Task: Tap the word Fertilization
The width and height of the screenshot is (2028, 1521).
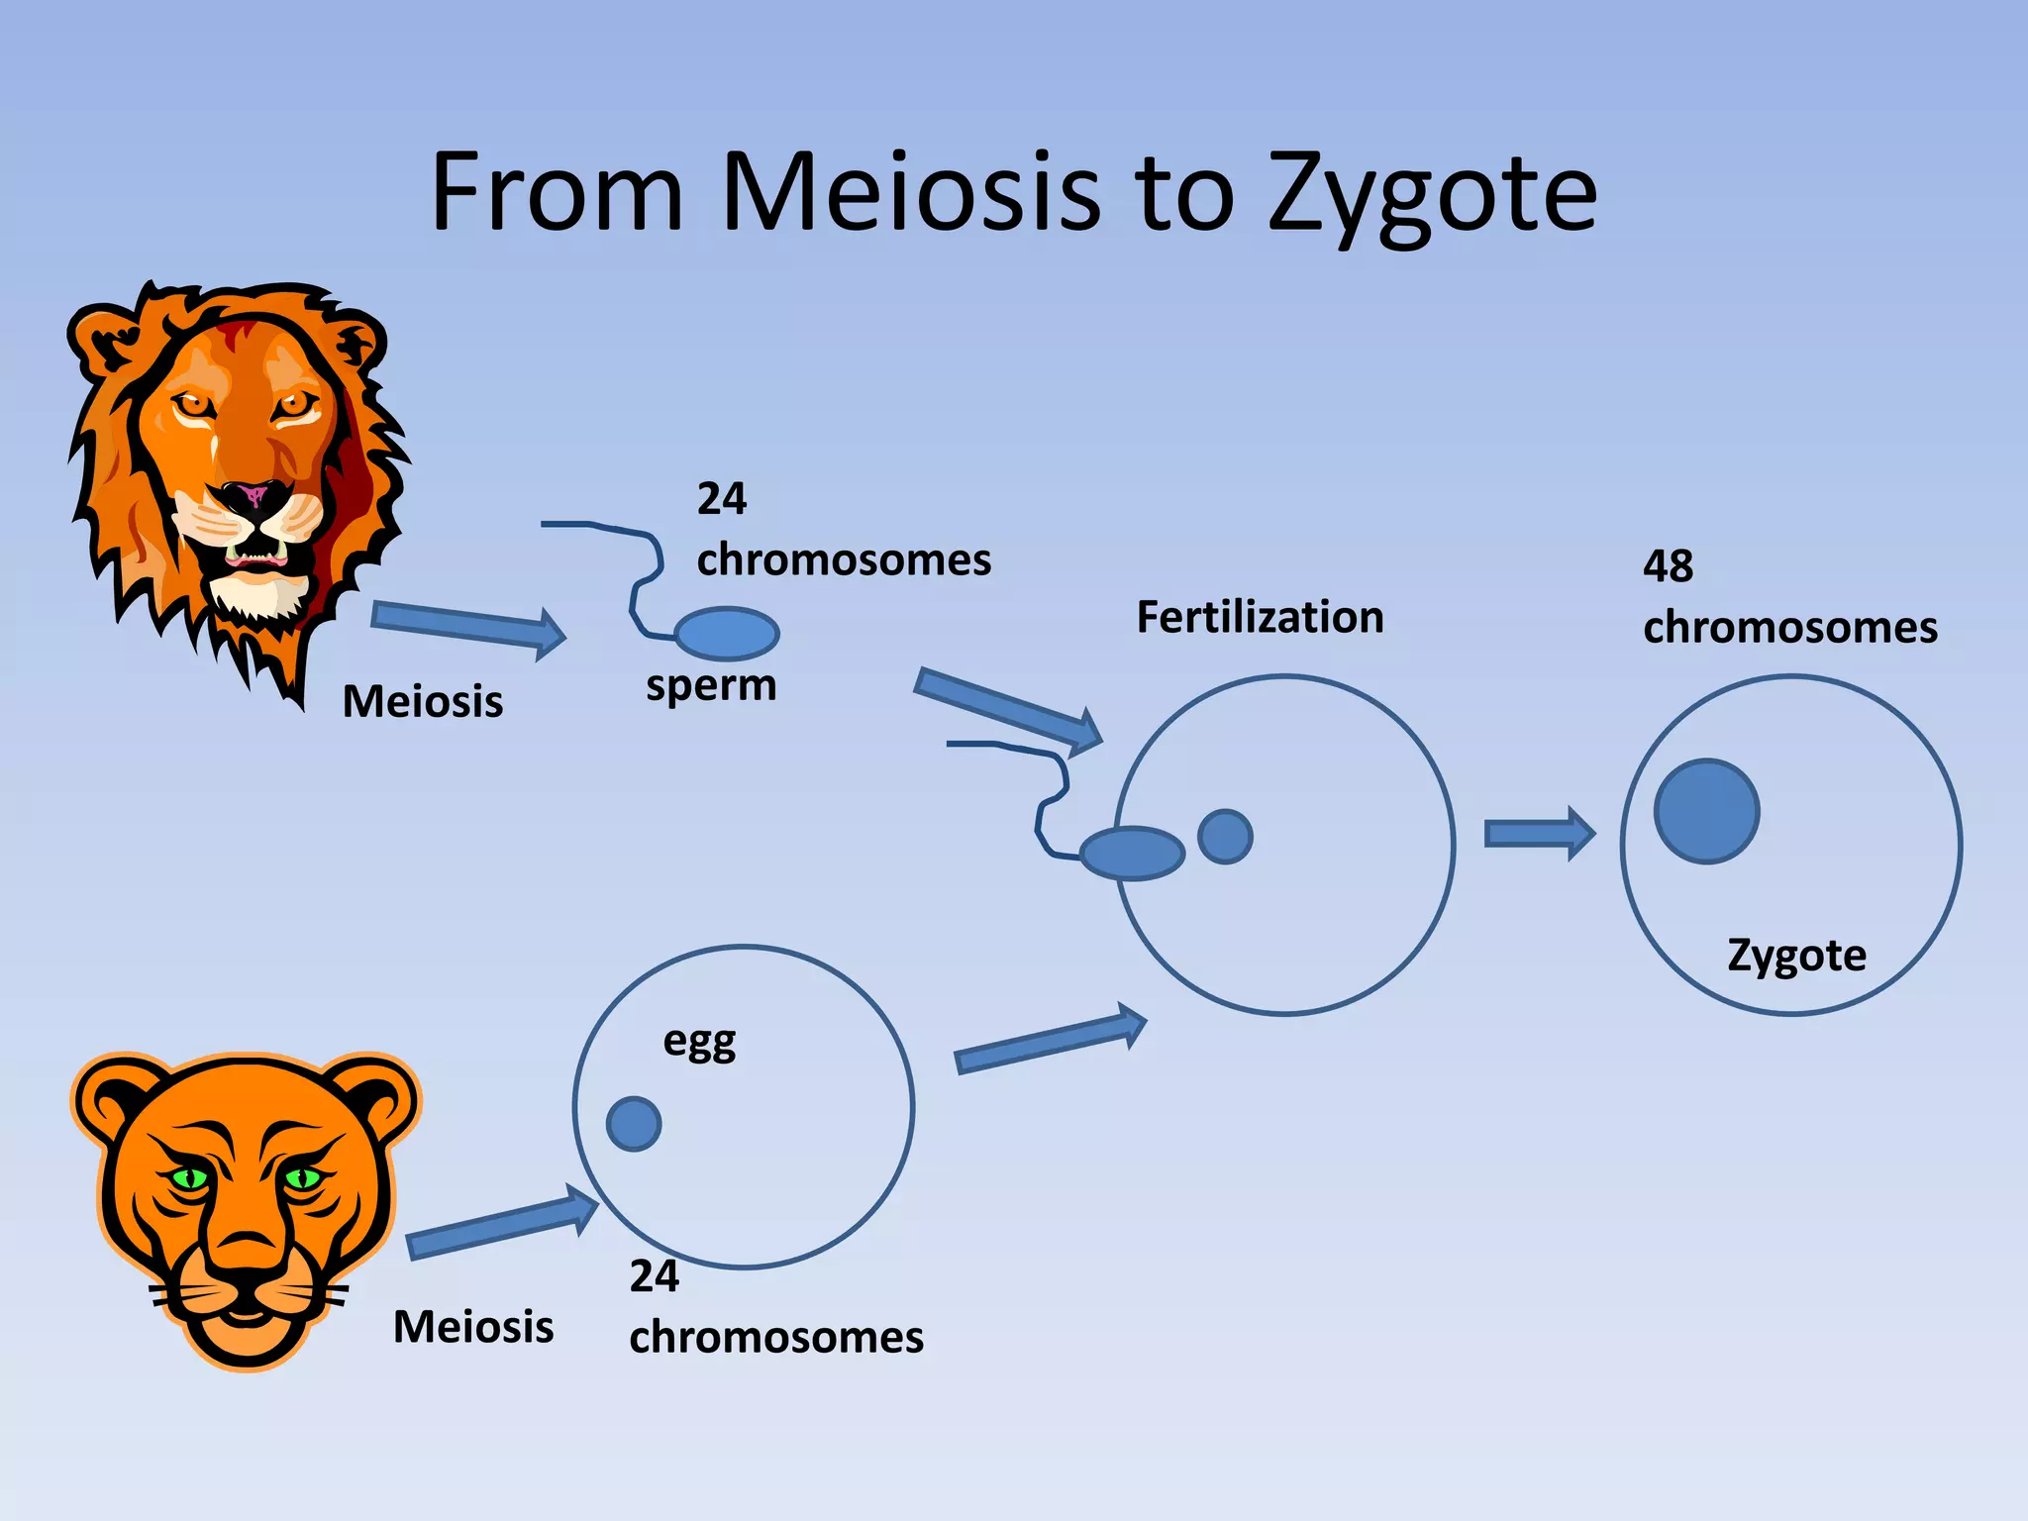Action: (1260, 617)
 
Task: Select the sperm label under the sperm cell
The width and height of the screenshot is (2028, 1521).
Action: (711, 685)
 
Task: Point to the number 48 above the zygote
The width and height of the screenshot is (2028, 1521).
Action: (1668, 566)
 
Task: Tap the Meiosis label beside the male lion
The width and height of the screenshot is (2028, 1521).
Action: (423, 701)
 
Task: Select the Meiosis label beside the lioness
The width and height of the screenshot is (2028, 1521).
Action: (473, 1327)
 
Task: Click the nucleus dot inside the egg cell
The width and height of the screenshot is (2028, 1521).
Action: (634, 1124)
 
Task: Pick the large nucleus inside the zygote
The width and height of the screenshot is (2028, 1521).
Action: (1706, 811)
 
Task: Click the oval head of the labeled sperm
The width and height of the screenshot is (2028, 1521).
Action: (727, 634)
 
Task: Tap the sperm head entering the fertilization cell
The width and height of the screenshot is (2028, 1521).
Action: (1132, 853)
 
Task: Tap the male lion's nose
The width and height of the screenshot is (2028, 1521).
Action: (253, 495)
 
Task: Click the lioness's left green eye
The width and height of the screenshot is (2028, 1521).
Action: (190, 1178)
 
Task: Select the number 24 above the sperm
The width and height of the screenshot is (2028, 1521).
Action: (721, 498)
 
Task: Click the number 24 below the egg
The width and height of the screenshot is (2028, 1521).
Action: (654, 1276)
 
